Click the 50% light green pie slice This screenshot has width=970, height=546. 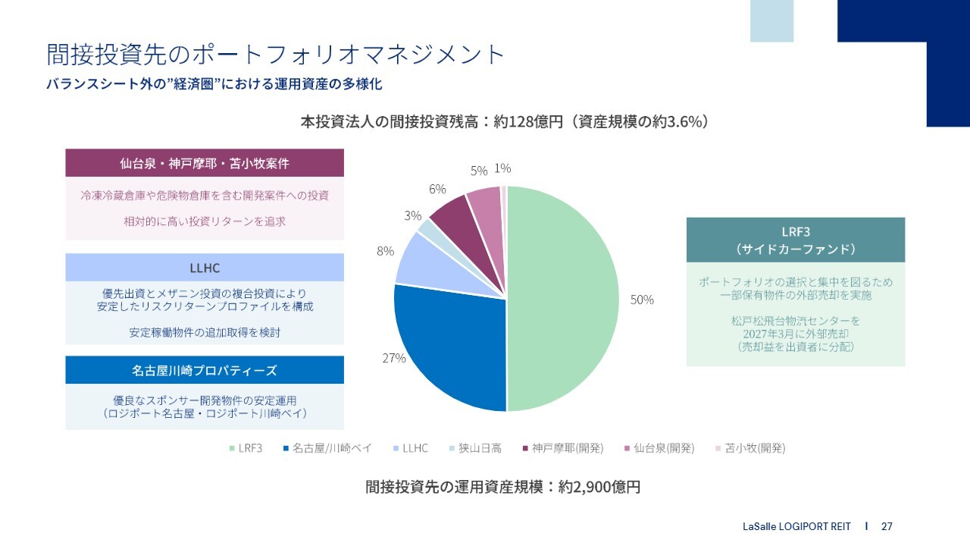pyautogui.click(x=565, y=300)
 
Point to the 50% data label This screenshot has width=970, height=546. pyautogui.click(x=642, y=300)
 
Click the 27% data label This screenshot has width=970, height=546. pyautogui.click(x=394, y=358)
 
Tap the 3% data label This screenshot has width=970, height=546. pyautogui.click(x=412, y=216)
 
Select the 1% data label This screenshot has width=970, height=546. pyautogui.click(x=502, y=168)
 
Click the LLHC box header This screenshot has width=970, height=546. pyautogui.click(x=205, y=268)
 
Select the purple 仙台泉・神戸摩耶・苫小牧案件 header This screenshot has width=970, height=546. pyautogui.click(x=205, y=163)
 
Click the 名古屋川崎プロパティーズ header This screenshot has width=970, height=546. pyautogui.click(x=205, y=371)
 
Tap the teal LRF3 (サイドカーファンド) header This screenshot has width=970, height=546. pyautogui.click(x=796, y=240)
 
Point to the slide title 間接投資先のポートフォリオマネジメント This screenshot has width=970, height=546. pyautogui.click(x=276, y=55)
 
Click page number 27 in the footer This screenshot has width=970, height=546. pyautogui.click(x=887, y=526)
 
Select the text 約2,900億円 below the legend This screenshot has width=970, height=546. pyautogui.click(x=599, y=487)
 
